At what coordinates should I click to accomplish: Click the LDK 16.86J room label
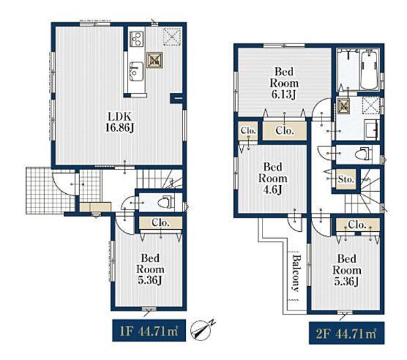pos(119,121)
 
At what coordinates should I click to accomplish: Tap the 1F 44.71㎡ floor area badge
pos(149,330)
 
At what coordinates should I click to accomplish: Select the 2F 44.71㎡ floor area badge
pos(347,333)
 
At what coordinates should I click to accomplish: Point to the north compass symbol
pos(202,330)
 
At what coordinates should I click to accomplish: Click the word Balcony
pos(294,273)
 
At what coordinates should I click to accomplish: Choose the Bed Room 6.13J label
pos(284,83)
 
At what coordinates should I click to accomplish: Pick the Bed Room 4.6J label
pos(273,178)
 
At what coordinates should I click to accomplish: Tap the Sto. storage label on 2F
pos(346,179)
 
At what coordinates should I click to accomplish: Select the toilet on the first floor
pos(166,202)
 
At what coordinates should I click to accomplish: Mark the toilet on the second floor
pos(363,154)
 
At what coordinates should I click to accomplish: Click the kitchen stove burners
pos(136,39)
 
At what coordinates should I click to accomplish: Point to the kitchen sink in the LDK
pos(136,71)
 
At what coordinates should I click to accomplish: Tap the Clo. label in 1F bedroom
pos(160,223)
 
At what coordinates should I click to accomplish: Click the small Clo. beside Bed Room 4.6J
pos(248,131)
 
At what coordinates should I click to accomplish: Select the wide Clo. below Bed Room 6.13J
pos(285,131)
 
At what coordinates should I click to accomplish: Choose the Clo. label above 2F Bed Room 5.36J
pos(357,224)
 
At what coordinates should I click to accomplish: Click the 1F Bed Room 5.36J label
pos(151,269)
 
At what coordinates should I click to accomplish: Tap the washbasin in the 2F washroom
pos(372,129)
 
